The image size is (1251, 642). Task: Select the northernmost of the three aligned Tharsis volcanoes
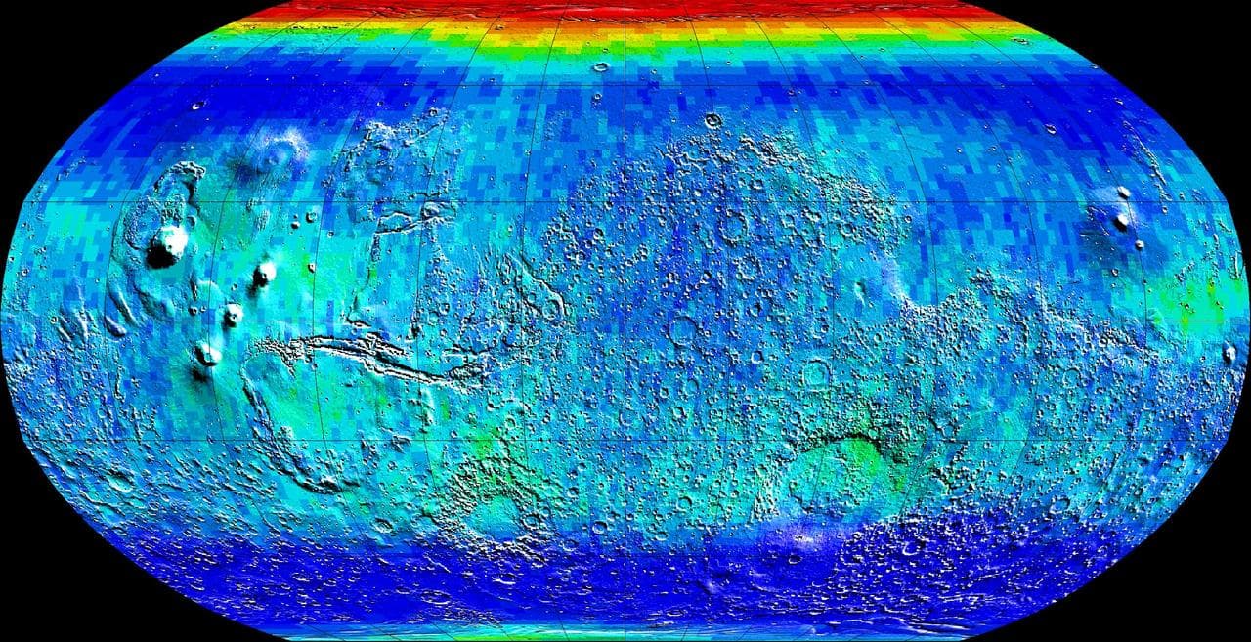pyautogui.click(x=264, y=273)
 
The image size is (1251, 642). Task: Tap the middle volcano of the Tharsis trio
pyautogui.click(x=234, y=313)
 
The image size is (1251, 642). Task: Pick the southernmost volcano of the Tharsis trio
pyautogui.click(x=207, y=352)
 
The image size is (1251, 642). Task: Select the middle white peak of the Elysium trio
pyautogui.click(x=1121, y=221)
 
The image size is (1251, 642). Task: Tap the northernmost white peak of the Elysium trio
pyautogui.click(x=1123, y=193)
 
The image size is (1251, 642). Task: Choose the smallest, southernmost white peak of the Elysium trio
pyautogui.click(x=1140, y=244)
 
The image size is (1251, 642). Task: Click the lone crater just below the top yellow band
pyautogui.click(x=600, y=67)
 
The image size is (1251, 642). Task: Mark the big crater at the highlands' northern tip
pyautogui.click(x=712, y=121)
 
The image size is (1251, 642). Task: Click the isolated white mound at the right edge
pyautogui.click(x=1229, y=352)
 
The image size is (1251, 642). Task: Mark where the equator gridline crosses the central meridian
pyautogui.click(x=625, y=321)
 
